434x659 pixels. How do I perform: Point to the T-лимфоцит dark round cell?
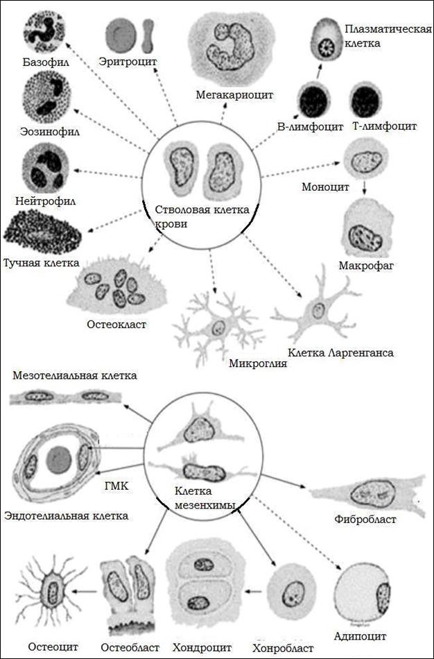click(x=367, y=101)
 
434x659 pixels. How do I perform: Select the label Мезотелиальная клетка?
click(x=75, y=375)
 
